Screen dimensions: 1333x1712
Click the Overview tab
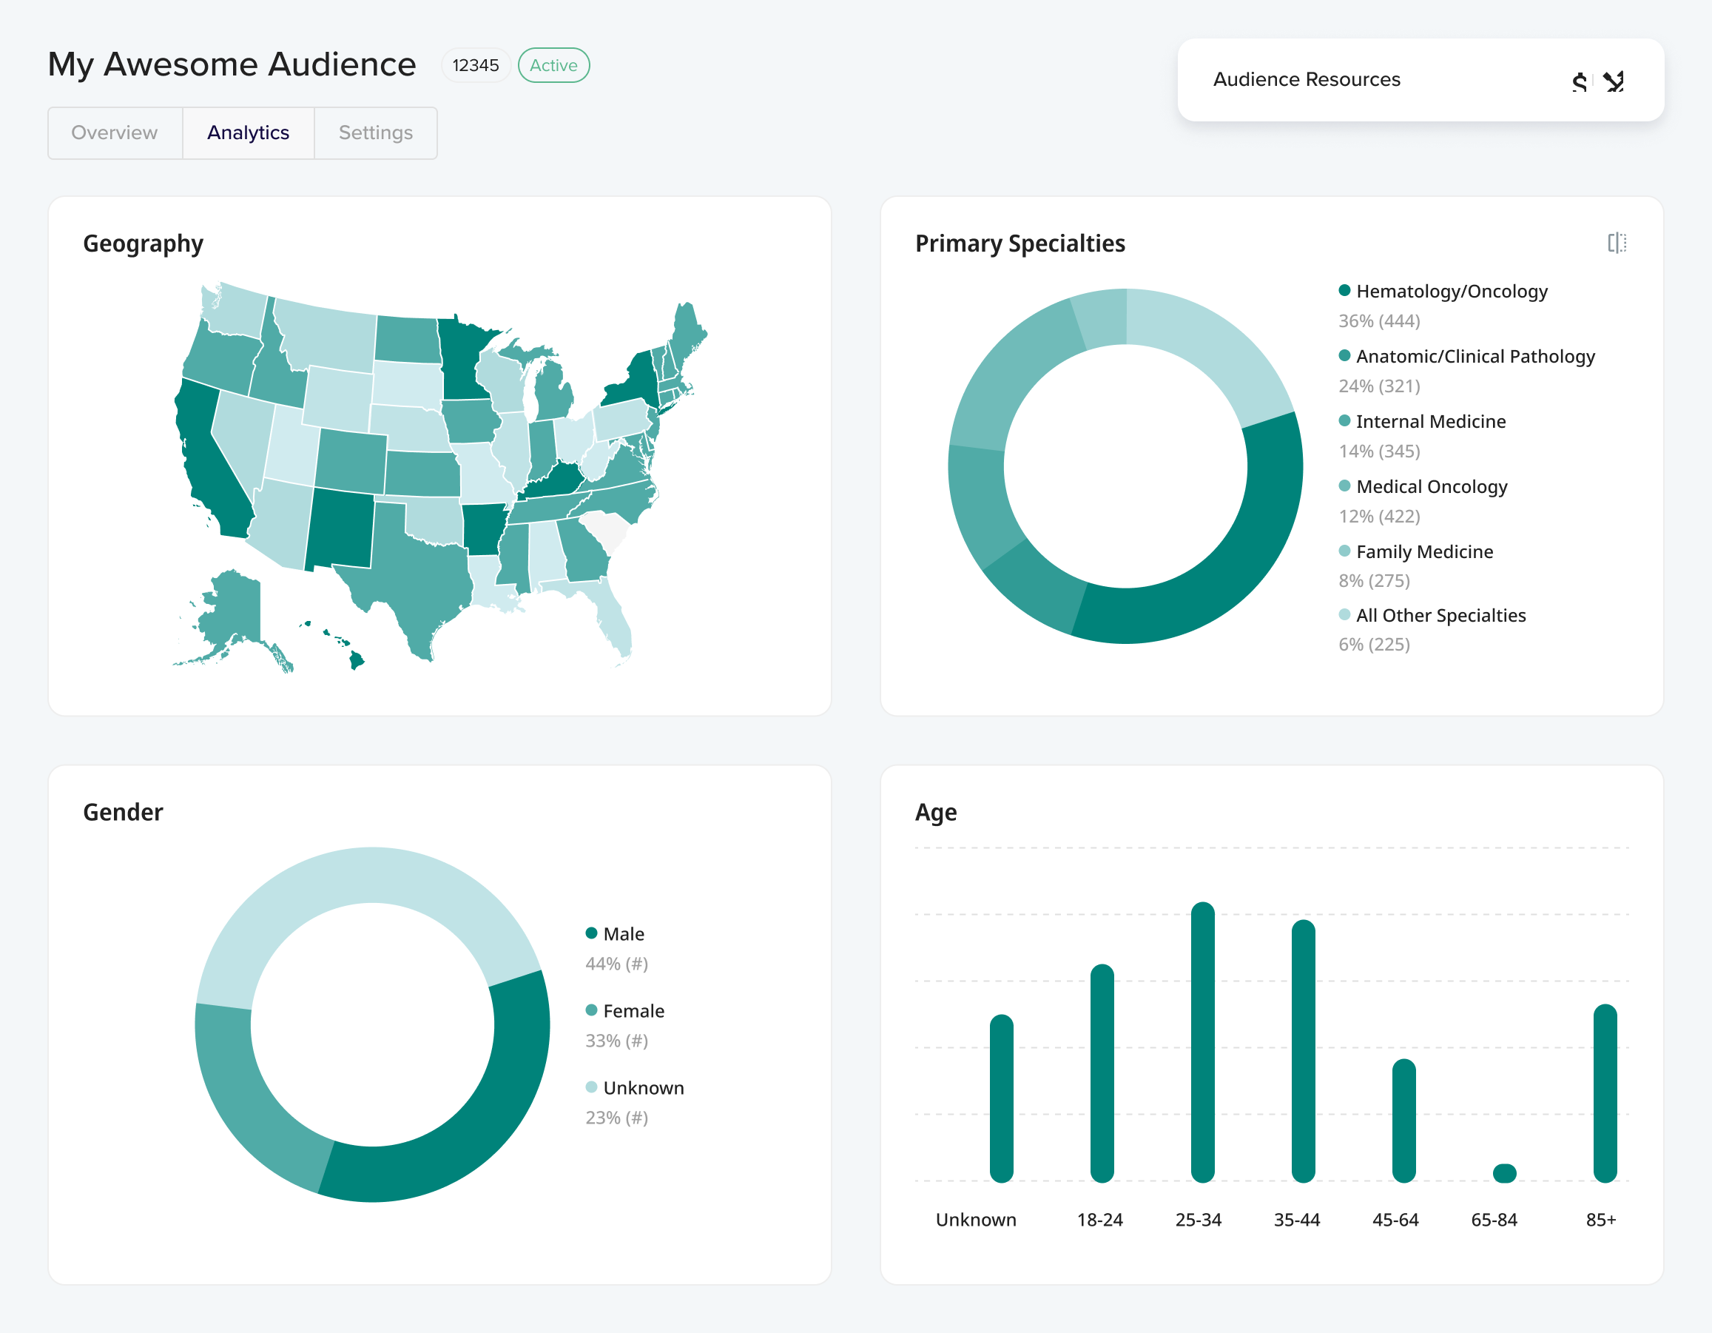pos(115,132)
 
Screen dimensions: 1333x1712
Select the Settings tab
pos(376,132)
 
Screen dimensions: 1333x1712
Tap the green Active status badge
pos(553,65)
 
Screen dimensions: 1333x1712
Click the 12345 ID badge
pos(475,65)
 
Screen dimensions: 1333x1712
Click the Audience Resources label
pos(1306,79)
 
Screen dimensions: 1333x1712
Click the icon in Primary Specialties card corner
pos(1617,243)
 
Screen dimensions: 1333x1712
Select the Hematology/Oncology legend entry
pos(1451,292)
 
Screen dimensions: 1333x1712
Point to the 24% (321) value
pos(1379,386)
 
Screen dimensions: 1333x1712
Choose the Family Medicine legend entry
pos(1423,552)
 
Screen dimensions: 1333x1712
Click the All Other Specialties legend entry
pos(1440,616)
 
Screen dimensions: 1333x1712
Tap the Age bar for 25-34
pos(1202,1043)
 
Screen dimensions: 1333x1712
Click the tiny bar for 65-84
pos(1504,1173)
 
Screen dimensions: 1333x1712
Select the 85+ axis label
pos(1601,1220)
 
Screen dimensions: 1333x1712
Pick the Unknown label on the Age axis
pos(976,1220)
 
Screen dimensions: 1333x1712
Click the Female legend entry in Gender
pos(633,1012)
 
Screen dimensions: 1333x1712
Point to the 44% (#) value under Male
pos(616,964)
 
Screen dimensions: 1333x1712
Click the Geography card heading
pos(144,244)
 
